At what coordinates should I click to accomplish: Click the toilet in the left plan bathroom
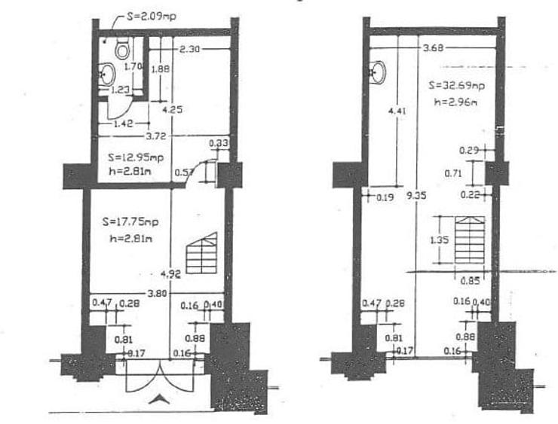point(122,50)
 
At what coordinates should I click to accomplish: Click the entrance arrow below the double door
point(159,400)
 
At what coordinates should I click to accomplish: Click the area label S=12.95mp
point(135,158)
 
